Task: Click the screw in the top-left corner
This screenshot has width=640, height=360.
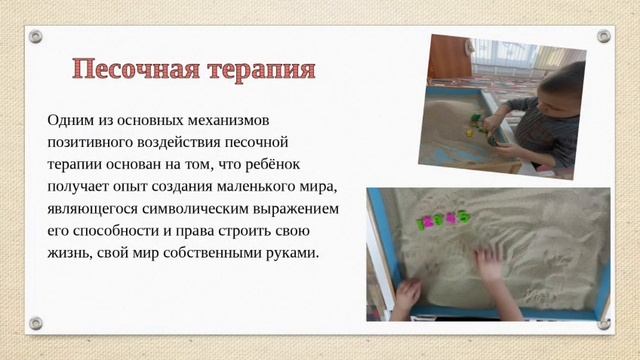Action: coord(36,36)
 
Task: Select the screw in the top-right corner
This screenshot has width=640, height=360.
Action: coord(603,36)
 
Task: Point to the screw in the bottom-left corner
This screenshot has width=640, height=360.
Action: coord(36,323)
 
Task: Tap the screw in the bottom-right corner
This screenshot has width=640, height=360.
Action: coord(603,323)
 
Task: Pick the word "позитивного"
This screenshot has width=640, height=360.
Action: coord(90,142)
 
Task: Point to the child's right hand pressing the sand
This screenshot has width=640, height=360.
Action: coord(490,265)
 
